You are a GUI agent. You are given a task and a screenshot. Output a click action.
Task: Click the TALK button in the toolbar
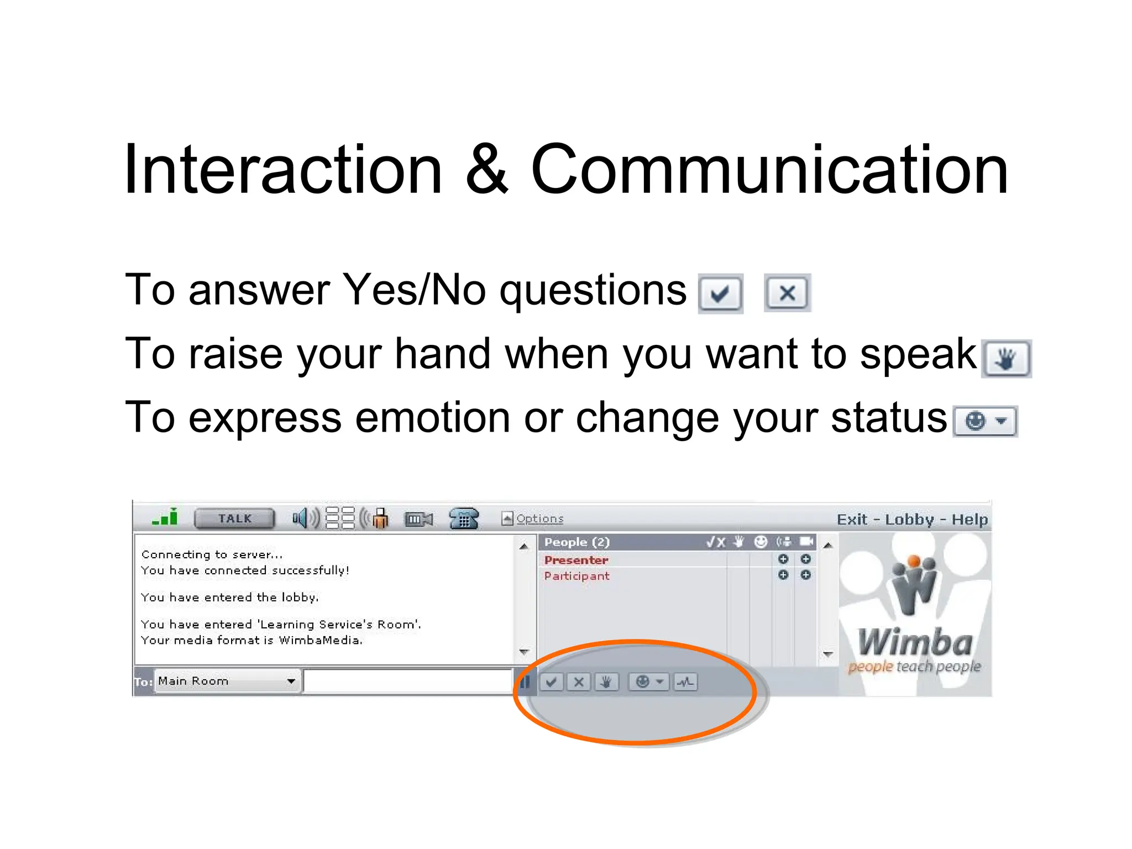(x=234, y=518)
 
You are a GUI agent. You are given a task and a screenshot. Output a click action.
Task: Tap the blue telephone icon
(x=463, y=518)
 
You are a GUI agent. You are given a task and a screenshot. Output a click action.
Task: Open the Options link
(x=539, y=518)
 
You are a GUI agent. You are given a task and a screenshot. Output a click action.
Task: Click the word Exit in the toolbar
(x=852, y=520)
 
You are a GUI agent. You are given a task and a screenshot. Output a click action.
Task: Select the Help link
(x=969, y=520)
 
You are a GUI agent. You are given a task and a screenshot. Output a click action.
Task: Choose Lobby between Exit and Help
(x=909, y=520)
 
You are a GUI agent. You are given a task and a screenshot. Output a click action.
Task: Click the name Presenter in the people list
(x=576, y=560)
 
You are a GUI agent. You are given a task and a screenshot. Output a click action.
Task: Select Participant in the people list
(x=577, y=576)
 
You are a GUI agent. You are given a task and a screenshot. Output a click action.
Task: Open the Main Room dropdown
(x=227, y=681)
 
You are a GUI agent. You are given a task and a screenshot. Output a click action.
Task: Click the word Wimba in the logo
(x=915, y=643)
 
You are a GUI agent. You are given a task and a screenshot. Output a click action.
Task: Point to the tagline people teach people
(x=914, y=667)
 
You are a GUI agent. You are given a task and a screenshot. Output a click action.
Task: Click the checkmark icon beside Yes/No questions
(x=720, y=293)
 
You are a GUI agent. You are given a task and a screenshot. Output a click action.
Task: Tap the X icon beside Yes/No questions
(x=787, y=293)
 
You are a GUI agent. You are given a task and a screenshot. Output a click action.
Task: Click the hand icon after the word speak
(x=1006, y=359)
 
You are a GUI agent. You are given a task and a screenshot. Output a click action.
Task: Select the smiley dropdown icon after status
(x=986, y=422)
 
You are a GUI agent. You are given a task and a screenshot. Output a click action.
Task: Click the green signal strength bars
(x=165, y=517)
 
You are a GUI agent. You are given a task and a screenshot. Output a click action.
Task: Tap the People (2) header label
(x=577, y=542)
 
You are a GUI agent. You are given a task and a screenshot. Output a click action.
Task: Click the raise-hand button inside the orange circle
(x=606, y=682)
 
